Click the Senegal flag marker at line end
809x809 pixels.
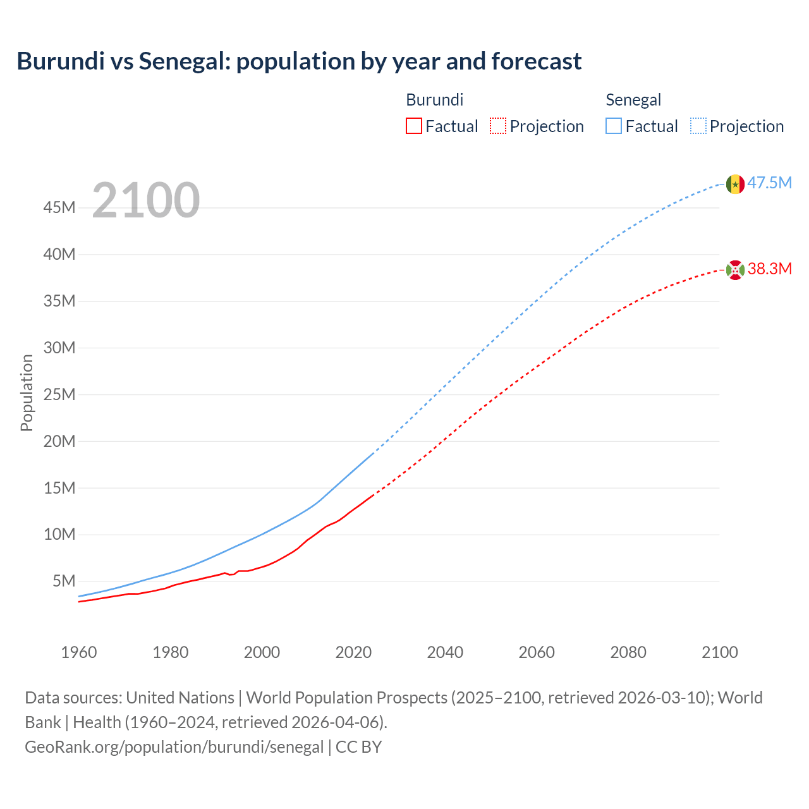click(734, 184)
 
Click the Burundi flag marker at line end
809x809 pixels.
click(734, 270)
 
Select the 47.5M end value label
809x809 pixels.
click(770, 183)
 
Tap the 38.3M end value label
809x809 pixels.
click(770, 269)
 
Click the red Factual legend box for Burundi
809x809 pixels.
click(414, 126)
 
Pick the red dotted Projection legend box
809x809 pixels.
click(498, 126)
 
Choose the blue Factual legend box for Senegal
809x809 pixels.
click(614, 126)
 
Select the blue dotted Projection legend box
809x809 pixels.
click(698, 126)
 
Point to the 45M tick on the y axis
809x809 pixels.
click(59, 208)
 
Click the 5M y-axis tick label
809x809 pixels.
click(64, 581)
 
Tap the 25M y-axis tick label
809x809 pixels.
click(59, 394)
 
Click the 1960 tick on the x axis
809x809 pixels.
click(79, 652)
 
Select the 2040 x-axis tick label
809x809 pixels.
click(445, 652)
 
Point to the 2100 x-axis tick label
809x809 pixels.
click(719, 652)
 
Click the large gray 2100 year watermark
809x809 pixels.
click(146, 200)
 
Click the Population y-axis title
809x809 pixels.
click(27, 393)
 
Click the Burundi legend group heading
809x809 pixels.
click(434, 100)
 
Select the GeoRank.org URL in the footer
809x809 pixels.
click(174, 746)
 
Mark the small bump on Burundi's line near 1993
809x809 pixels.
click(226, 573)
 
